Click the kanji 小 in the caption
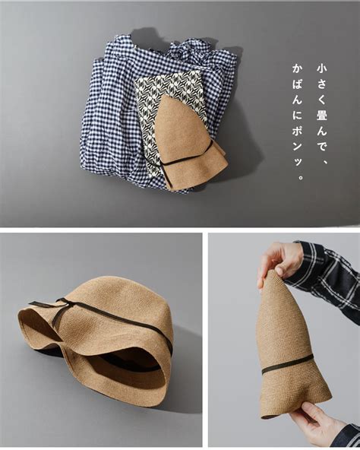pos(321,69)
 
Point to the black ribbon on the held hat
pos(287,364)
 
